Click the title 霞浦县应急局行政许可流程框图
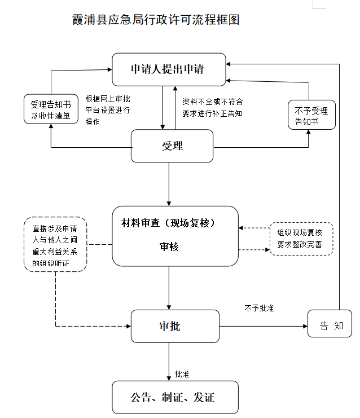pyautogui.click(x=156, y=20)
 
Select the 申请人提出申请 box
pyautogui.click(x=169, y=69)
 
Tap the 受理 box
pyautogui.click(x=172, y=146)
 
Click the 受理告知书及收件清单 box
pyautogui.click(x=51, y=109)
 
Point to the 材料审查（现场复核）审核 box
pyautogui.click(x=175, y=235)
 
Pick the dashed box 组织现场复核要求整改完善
pyautogui.click(x=301, y=239)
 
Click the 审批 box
pyautogui.click(x=175, y=326)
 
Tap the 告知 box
pyautogui.click(x=330, y=325)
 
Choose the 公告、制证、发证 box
pyautogui.click(x=175, y=398)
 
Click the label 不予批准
pyautogui.click(x=259, y=309)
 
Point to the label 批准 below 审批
pyautogui.click(x=182, y=373)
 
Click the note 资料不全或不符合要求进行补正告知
pyautogui.click(x=212, y=107)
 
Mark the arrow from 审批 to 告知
pyautogui.click(x=262, y=326)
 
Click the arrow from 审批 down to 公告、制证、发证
pyautogui.click(x=169, y=361)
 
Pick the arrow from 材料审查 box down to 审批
pyautogui.click(x=169, y=288)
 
